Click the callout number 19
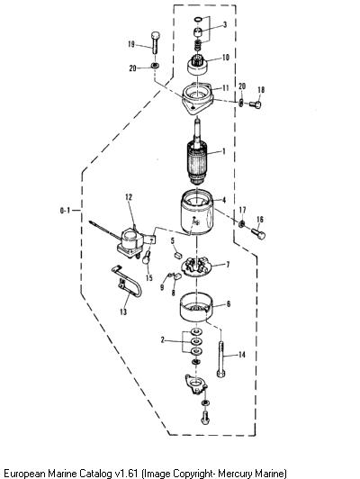[x=131, y=44]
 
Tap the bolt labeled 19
[x=156, y=43]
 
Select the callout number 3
[x=225, y=24]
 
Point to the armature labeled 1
[x=197, y=153]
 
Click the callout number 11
[x=225, y=88]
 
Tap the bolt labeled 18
[x=256, y=104]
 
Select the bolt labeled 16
[x=258, y=234]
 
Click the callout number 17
[x=242, y=210]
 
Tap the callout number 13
[x=123, y=312]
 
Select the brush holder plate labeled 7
[x=195, y=267]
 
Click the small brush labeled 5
[x=177, y=254]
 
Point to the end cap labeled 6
[x=195, y=307]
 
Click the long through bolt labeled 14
[x=221, y=359]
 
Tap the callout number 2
[x=162, y=339]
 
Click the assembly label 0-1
[x=65, y=211]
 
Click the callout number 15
[x=149, y=278]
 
